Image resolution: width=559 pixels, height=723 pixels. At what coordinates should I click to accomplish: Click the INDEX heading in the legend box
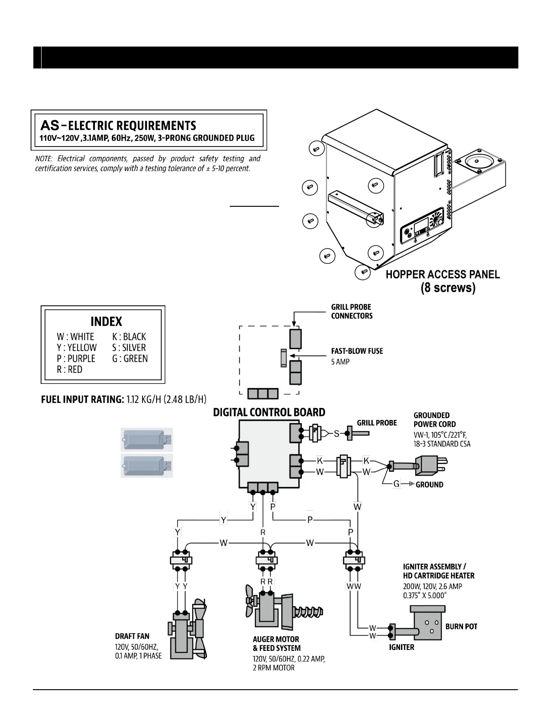click(106, 321)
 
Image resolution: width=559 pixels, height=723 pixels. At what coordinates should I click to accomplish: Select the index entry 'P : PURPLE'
click(76, 359)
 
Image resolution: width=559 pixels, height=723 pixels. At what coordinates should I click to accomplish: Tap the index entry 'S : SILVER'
click(129, 348)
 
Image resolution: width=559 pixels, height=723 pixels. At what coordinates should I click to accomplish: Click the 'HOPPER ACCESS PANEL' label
click(443, 275)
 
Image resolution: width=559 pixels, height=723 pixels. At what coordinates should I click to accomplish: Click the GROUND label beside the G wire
click(429, 485)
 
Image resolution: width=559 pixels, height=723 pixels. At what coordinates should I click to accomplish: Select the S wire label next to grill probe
click(337, 434)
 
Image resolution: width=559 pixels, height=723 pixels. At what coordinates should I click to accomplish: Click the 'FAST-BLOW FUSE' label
click(357, 351)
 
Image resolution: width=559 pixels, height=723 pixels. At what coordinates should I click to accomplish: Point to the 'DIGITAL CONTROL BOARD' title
click(269, 413)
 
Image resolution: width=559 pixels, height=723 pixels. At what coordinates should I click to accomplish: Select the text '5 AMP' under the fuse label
click(340, 362)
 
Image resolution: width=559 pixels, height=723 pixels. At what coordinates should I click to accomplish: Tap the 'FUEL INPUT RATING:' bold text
click(83, 400)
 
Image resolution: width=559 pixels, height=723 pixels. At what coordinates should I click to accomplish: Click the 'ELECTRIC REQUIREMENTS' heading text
click(132, 126)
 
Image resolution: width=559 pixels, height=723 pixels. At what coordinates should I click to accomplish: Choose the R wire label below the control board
click(263, 533)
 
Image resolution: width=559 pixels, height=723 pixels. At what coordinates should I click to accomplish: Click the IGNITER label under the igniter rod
click(401, 647)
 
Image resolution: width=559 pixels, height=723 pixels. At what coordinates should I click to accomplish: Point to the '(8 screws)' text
click(448, 288)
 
